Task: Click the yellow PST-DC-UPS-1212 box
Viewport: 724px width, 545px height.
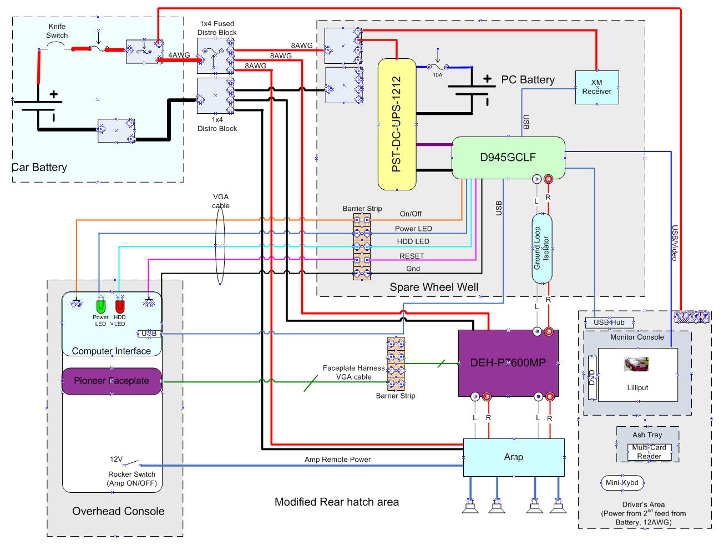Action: (x=397, y=124)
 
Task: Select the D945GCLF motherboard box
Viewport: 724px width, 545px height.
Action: (x=508, y=158)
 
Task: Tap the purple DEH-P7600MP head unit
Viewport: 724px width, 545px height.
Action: (x=508, y=363)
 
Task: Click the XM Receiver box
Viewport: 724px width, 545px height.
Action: (x=596, y=87)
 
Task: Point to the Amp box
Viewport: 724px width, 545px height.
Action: (x=513, y=457)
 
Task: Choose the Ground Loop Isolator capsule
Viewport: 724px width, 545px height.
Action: (x=541, y=248)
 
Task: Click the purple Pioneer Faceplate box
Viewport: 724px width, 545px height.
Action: (x=112, y=381)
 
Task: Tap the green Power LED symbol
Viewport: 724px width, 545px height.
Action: (x=100, y=306)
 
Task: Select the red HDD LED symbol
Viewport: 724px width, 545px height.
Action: (x=120, y=306)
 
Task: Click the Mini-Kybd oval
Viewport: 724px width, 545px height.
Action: (x=622, y=483)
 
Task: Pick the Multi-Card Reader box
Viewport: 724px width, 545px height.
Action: (x=649, y=452)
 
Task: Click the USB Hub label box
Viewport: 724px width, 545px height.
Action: (x=609, y=322)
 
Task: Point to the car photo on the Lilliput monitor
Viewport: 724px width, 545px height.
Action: (x=636, y=365)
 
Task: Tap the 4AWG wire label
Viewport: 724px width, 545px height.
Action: (x=179, y=55)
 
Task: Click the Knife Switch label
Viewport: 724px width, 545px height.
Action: (x=57, y=31)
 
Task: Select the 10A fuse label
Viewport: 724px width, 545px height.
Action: (x=437, y=75)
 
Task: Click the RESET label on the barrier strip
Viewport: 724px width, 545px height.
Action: (x=412, y=256)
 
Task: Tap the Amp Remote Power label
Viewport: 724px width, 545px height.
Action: (x=337, y=460)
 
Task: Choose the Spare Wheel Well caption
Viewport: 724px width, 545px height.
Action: (x=434, y=287)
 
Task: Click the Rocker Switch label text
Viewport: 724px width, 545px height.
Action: (x=132, y=475)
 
